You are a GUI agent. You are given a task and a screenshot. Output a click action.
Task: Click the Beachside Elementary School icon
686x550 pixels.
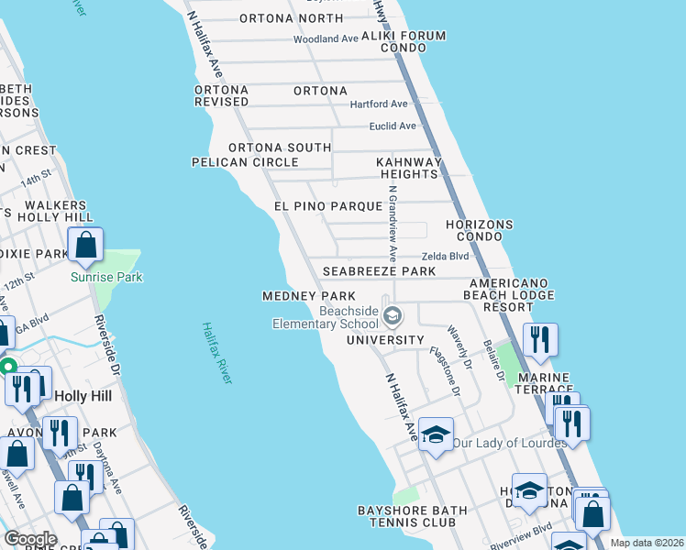[x=393, y=317]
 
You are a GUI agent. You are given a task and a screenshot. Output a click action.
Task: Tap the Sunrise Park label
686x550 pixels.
[x=107, y=277]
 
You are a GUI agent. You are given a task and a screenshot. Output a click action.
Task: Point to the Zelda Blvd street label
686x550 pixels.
[x=445, y=258]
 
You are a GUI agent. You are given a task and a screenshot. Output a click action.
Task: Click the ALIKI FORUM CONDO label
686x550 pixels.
[x=404, y=42]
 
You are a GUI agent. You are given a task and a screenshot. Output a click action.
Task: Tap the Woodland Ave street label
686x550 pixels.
[x=325, y=39]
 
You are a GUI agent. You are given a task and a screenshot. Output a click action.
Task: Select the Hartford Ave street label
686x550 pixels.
[x=379, y=104]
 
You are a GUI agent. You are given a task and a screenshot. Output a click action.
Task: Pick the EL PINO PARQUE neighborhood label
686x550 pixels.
[x=327, y=206]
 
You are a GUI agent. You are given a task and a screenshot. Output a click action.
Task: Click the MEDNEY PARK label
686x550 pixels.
[x=308, y=296]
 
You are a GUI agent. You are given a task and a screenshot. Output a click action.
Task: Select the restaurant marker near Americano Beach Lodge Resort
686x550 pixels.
[x=540, y=340]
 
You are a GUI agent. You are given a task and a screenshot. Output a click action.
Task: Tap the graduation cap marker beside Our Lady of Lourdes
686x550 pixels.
[x=437, y=433]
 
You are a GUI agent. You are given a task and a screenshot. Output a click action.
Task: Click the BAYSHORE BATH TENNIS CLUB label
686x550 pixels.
[x=405, y=516]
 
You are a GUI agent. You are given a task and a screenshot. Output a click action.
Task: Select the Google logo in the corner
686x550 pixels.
[x=29, y=539]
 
